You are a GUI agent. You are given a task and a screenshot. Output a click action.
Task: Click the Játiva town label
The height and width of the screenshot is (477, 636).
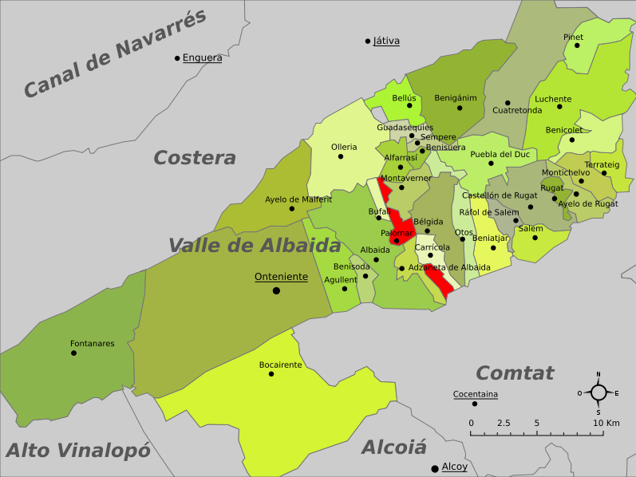pyautogui.click(x=386, y=41)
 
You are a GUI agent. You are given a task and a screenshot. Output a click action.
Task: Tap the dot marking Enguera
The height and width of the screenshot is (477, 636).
pyautogui.click(x=177, y=57)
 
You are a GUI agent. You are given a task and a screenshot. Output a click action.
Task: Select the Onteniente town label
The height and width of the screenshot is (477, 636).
pyautogui.click(x=281, y=277)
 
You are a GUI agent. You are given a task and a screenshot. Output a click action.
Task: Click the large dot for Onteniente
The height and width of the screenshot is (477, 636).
pyautogui.click(x=276, y=290)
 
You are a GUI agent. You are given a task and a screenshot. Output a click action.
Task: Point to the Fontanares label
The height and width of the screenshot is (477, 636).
pyautogui.click(x=93, y=344)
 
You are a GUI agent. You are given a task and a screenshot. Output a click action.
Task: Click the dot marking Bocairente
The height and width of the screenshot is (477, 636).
pyautogui.click(x=271, y=373)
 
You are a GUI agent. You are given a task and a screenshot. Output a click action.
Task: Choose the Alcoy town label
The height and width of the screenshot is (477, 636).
pyautogui.click(x=454, y=467)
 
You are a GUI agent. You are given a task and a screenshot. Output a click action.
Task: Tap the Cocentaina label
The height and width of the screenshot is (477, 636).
pyautogui.click(x=475, y=394)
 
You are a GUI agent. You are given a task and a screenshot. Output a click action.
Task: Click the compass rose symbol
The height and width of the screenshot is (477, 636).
pyautogui.click(x=598, y=392)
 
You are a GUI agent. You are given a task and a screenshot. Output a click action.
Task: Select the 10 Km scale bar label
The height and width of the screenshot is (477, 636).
pyautogui.click(x=606, y=423)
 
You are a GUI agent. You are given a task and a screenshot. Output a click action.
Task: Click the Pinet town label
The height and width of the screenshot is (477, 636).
pyautogui.click(x=573, y=37)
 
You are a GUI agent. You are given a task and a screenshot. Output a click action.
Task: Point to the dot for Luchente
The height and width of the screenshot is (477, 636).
pyautogui.click(x=559, y=106)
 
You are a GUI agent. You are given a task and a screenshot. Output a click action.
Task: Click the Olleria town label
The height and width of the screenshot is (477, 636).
pyautogui.click(x=344, y=147)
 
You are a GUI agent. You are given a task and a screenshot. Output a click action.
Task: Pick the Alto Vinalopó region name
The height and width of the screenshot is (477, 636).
pyautogui.click(x=77, y=451)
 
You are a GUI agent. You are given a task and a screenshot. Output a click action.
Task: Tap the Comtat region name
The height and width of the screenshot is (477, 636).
pyautogui.click(x=515, y=373)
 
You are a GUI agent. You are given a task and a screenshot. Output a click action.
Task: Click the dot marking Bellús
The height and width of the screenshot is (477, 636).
pyautogui.click(x=409, y=104)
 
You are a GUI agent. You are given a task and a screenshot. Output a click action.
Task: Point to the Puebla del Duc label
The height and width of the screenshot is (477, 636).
pyautogui.click(x=500, y=154)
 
